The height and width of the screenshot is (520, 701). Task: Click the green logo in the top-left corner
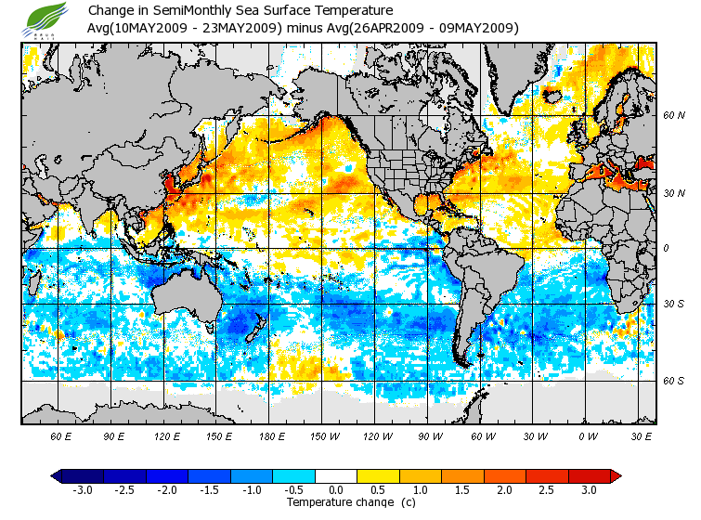point(45,18)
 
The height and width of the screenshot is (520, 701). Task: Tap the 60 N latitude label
point(673,116)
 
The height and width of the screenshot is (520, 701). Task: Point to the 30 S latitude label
point(673,304)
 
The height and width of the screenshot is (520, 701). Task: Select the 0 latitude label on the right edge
point(665,248)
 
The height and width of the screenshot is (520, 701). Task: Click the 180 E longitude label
point(274,435)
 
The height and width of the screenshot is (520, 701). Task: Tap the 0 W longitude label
point(587,435)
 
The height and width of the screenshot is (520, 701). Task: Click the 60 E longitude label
point(61,435)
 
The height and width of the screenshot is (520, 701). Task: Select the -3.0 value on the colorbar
point(83,489)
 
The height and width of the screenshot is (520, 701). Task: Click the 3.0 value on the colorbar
point(589,489)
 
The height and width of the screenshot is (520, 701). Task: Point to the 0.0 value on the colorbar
point(336,489)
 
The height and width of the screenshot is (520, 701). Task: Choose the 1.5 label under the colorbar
point(462,489)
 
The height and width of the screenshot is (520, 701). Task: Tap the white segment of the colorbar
point(336,476)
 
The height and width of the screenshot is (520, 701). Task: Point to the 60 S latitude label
point(673,381)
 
